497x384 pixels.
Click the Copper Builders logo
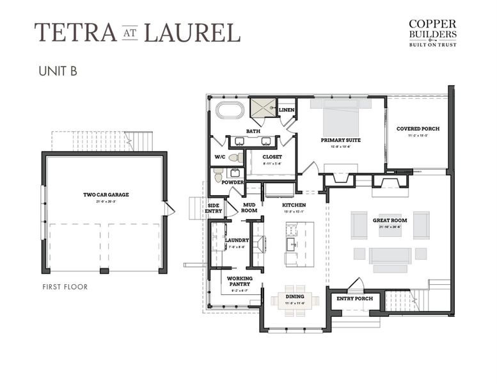[433, 33]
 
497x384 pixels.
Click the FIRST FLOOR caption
[65, 287]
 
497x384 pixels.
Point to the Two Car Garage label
[105, 195]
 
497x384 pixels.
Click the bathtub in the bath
[230, 110]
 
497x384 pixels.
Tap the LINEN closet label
[286, 110]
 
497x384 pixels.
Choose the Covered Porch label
[416, 129]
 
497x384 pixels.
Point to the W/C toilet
[235, 157]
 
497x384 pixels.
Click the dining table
[294, 299]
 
